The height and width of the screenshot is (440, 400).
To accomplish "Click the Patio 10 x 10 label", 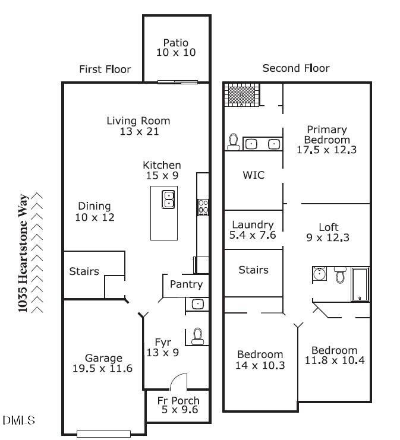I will pos(176,48).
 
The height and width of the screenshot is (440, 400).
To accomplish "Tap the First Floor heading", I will pos(105,69).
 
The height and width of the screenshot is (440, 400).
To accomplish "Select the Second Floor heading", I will pos(296,68).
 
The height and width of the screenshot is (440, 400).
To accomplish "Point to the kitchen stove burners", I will pos(203,207).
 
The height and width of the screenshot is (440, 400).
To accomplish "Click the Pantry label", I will pos(186,284).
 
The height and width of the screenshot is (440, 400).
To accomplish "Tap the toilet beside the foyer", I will pos(198,336).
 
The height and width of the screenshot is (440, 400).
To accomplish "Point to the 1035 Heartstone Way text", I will pos(23,252).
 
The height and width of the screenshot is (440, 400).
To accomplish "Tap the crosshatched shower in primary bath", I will pos(242,94).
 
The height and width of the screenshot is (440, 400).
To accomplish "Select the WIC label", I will pos(253,176).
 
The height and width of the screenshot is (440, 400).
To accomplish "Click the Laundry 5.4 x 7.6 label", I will pos(253,230).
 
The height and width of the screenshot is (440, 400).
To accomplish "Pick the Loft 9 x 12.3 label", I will pos(329,233).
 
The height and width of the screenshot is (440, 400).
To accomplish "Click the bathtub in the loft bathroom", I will pos(360,284).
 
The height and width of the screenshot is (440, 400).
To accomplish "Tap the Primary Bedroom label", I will pos(326,140).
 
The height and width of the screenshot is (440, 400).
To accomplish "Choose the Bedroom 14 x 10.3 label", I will pos(260,360).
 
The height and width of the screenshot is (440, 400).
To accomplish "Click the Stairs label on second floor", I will pos(253,270).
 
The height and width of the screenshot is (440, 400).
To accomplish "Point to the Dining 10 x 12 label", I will pos(95,212).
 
